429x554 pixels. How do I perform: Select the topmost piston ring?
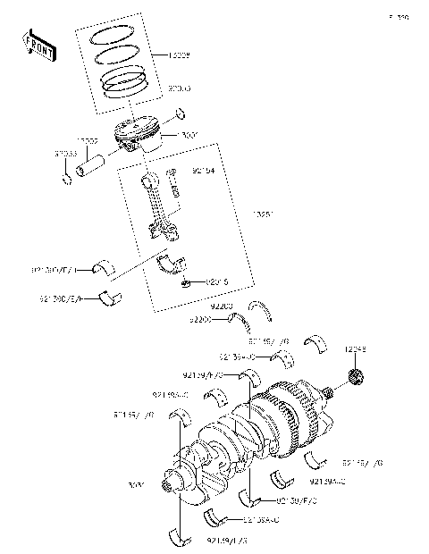[114, 37]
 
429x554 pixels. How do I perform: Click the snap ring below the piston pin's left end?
[66, 183]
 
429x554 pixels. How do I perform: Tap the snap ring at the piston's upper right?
[181, 113]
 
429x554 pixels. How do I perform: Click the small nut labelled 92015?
[184, 283]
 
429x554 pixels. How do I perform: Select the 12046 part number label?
[357, 348]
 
